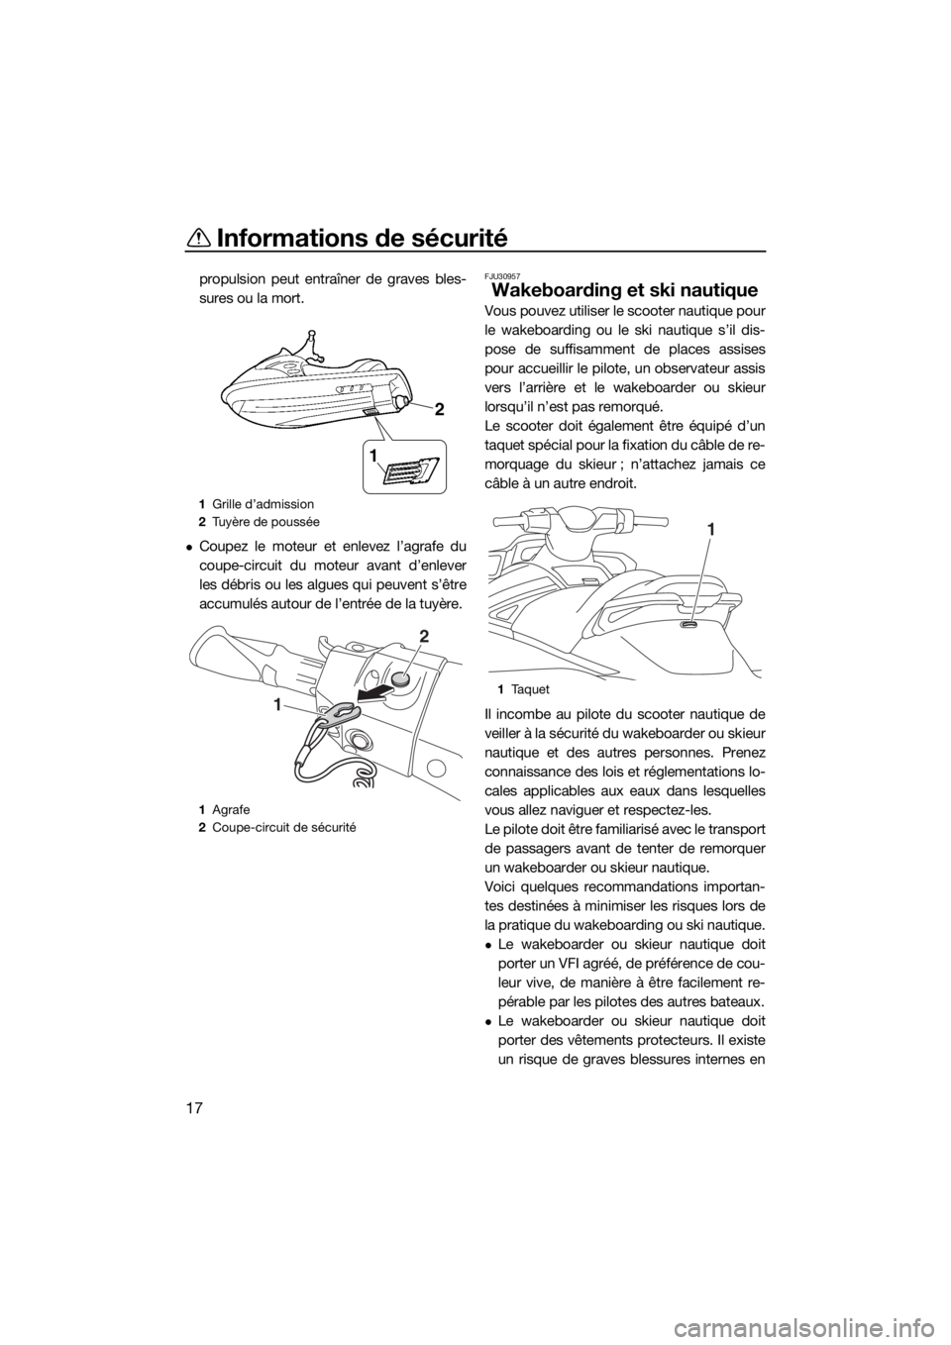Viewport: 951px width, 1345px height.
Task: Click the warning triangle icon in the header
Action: coord(200,239)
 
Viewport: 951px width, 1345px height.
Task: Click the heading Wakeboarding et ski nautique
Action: coord(624,290)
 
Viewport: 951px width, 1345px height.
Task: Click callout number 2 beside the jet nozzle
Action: coord(440,411)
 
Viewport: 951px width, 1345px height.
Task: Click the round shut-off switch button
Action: coord(401,678)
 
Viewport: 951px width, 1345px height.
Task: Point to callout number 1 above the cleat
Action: coord(711,529)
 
